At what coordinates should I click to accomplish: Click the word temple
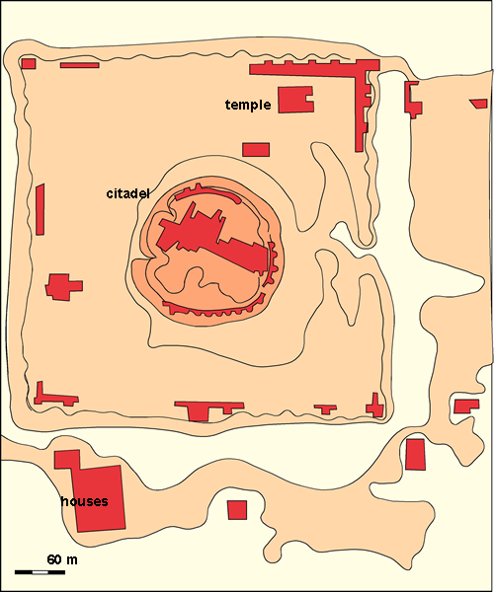pyautogui.click(x=247, y=105)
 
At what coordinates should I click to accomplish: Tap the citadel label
pyautogui.click(x=127, y=193)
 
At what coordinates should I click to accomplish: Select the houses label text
pyautogui.click(x=83, y=501)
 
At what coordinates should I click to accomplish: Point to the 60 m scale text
pyautogui.click(x=61, y=559)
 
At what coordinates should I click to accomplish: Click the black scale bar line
pyautogui.click(x=40, y=571)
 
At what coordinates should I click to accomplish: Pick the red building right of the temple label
pyautogui.click(x=293, y=100)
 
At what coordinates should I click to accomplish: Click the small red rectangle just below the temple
pyautogui.click(x=256, y=149)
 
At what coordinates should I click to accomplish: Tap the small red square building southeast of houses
pyautogui.click(x=237, y=509)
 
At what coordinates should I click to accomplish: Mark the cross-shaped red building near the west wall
pyautogui.click(x=62, y=287)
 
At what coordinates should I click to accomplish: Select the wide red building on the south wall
pyautogui.click(x=207, y=407)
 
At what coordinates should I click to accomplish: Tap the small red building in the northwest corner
pyautogui.click(x=29, y=63)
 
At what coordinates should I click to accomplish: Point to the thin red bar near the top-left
pyautogui.click(x=79, y=65)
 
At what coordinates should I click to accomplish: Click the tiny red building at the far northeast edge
pyautogui.click(x=478, y=103)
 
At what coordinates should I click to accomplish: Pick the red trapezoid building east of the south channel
pyautogui.click(x=416, y=454)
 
